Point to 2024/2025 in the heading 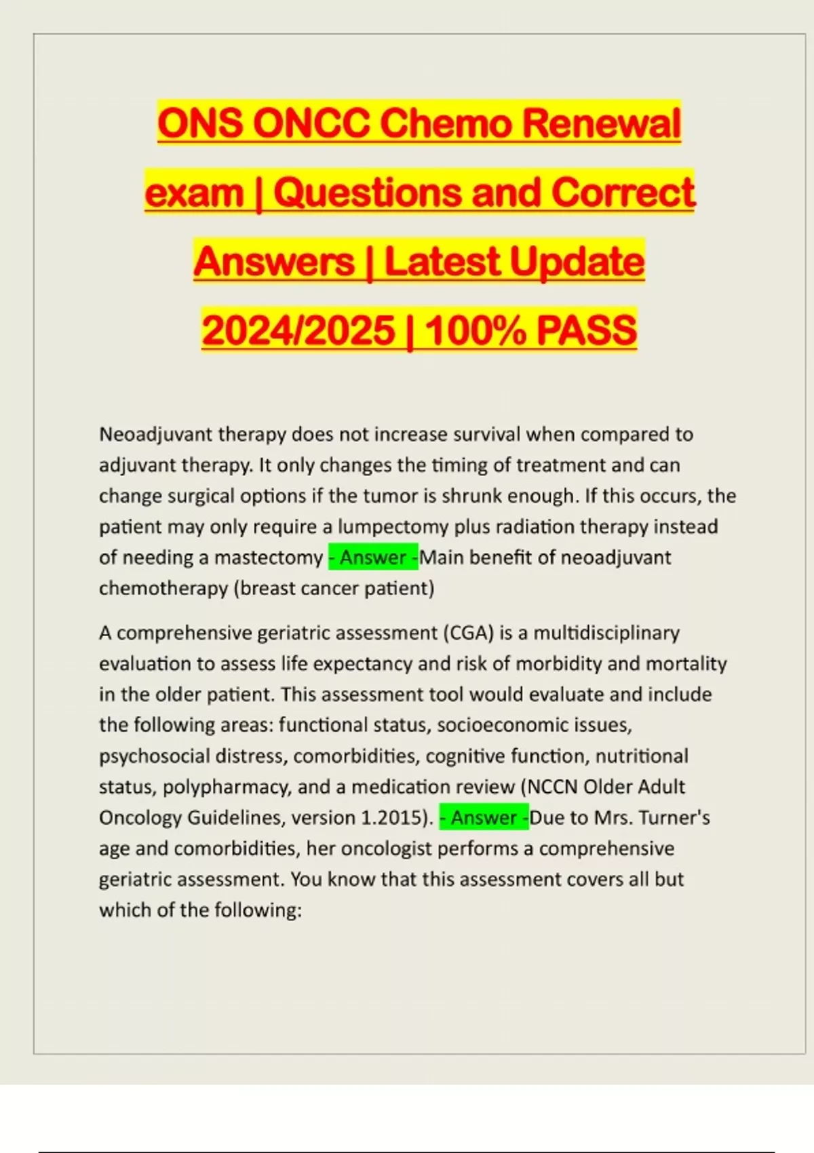[298, 330]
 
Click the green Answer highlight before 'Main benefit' [373, 558]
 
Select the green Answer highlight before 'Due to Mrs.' [484, 818]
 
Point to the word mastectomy [269, 558]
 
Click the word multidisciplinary [606, 633]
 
